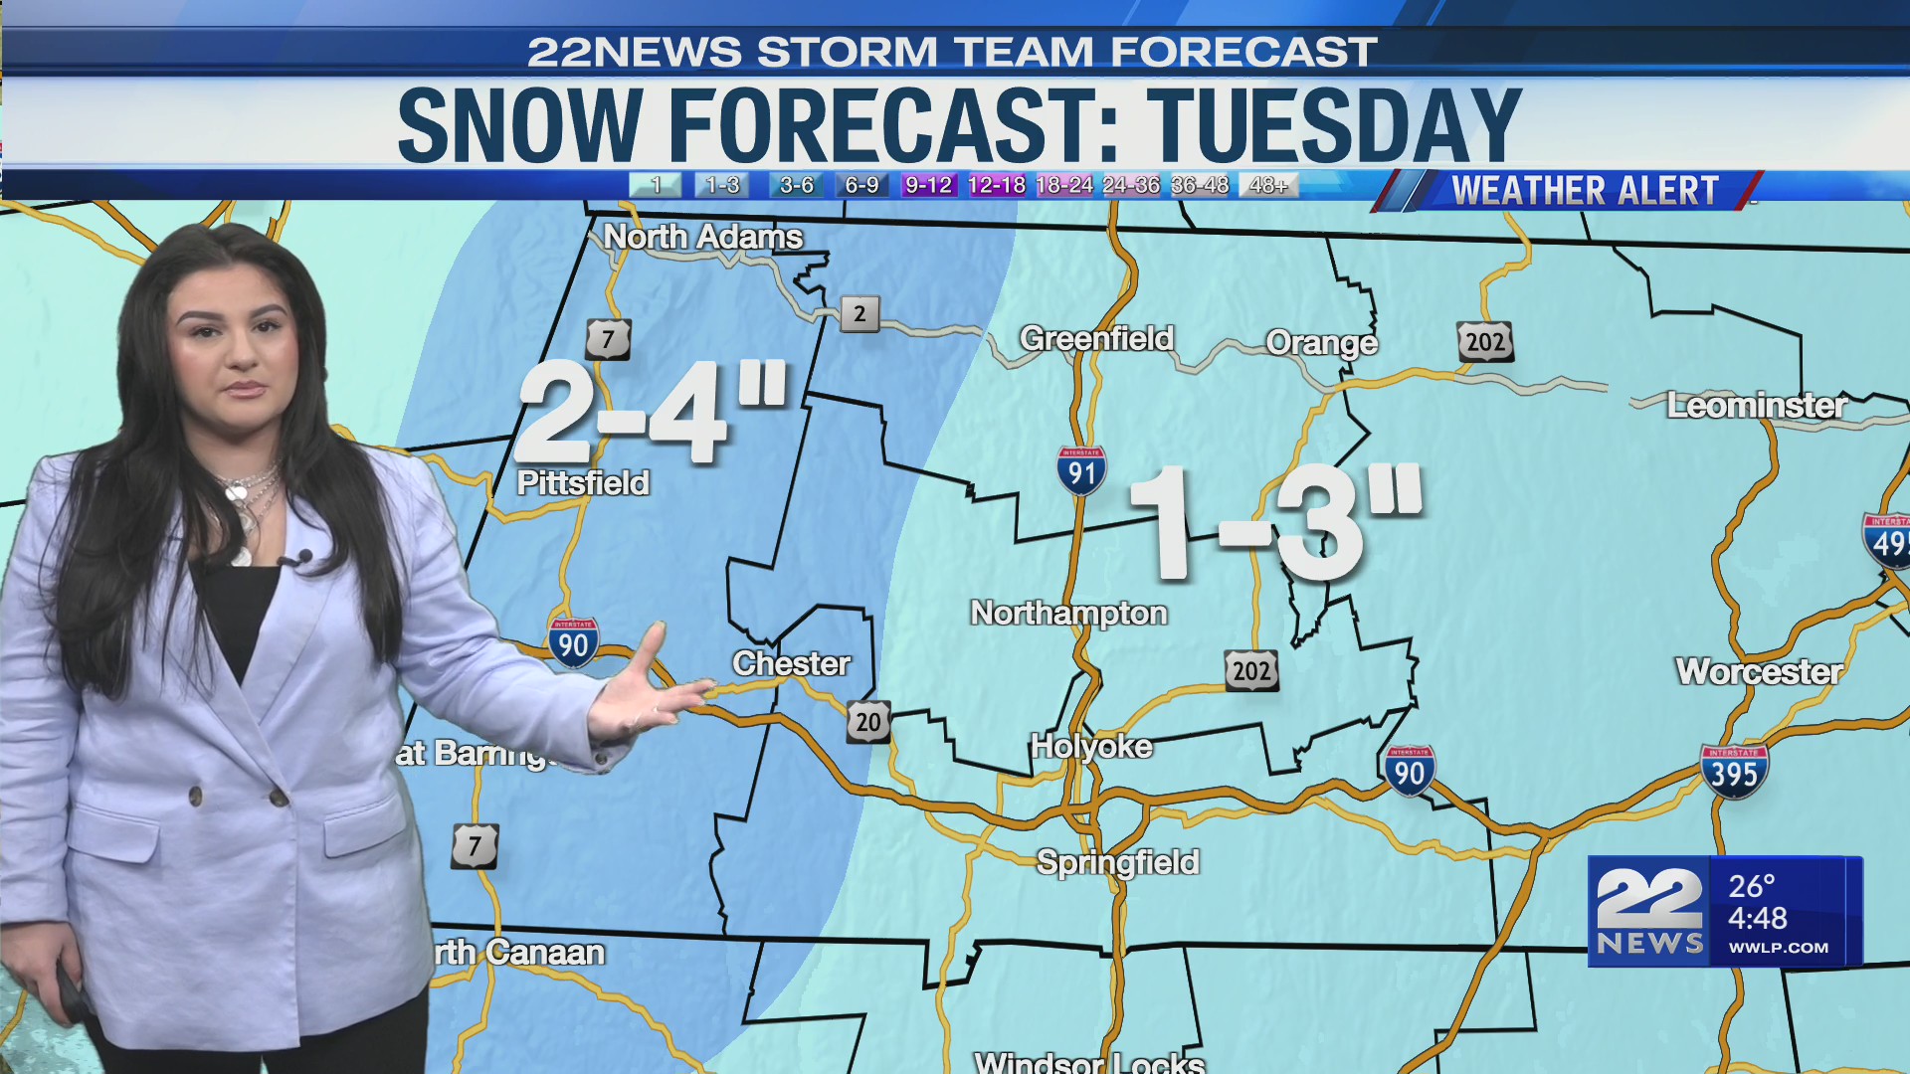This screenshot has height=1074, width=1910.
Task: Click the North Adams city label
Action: tap(702, 237)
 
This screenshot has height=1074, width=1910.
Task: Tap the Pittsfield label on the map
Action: tap(583, 483)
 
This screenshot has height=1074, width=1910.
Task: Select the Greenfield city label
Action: tap(1096, 339)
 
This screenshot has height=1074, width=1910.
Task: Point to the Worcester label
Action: tap(1759, 672)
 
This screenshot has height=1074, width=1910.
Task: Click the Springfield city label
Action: tap(1117, 862)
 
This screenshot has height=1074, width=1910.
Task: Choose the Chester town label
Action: tap(792, 664)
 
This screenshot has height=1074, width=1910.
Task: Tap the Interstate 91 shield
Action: tap(1081, 471)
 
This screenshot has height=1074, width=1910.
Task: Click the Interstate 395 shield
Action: tap(1734, 772)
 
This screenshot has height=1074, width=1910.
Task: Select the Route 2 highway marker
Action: tap(859, 314)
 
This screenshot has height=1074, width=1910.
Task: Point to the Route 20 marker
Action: tap(868, 722)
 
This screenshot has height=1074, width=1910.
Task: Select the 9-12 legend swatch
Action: tap(928, 185)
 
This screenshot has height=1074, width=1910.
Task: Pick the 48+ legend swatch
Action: tap(1267, 185)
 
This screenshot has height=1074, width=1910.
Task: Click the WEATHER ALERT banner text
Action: tap(1585, 190)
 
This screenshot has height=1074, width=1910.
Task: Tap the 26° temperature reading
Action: tap(1751, 886)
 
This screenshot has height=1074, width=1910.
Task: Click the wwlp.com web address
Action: tap(1778, 948)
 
